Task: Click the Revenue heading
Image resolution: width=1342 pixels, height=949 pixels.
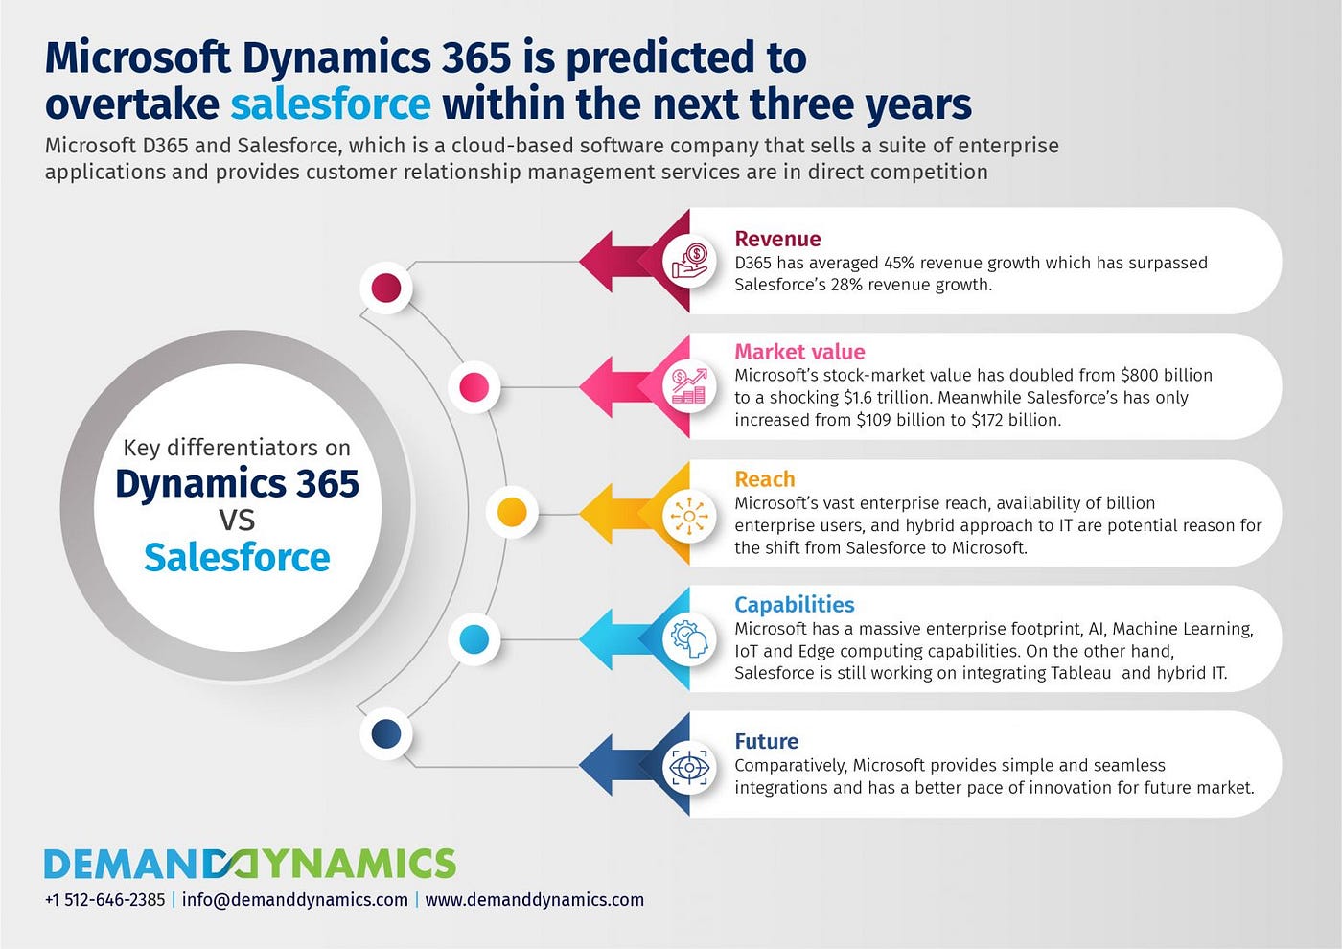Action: coord(777,239)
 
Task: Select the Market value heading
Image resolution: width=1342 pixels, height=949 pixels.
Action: coord(799,351)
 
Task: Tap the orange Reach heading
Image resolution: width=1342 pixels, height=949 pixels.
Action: coord(765,478)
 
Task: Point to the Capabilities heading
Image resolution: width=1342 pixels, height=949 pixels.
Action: coord(795,605)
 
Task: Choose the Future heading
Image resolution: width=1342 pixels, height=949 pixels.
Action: coord(766,741)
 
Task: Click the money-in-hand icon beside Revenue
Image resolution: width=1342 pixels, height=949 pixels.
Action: coord(689,261)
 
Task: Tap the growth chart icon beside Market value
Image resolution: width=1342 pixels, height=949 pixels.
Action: coord(689,386)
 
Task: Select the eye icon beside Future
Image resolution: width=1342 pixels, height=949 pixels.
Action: coord(689,767)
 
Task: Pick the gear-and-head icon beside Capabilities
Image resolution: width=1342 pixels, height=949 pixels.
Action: coord(689,638)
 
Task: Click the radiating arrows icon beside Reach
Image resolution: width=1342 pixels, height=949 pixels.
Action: coord(689,516)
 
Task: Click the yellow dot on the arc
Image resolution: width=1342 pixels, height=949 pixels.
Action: coord(512,513)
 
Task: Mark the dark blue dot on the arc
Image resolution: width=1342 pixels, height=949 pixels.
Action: coord(386,734)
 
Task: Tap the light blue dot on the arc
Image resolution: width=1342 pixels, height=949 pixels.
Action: coord(474,638)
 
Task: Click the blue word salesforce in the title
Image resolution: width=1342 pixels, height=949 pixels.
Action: coord(331,104)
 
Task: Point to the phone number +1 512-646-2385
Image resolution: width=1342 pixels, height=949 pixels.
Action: coord(104,900)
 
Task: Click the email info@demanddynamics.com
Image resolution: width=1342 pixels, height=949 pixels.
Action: coord(295,900)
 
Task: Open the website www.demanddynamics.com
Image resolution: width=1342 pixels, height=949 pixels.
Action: coord(535,900)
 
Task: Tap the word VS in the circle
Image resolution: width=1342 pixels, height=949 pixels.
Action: coord(238,520)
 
